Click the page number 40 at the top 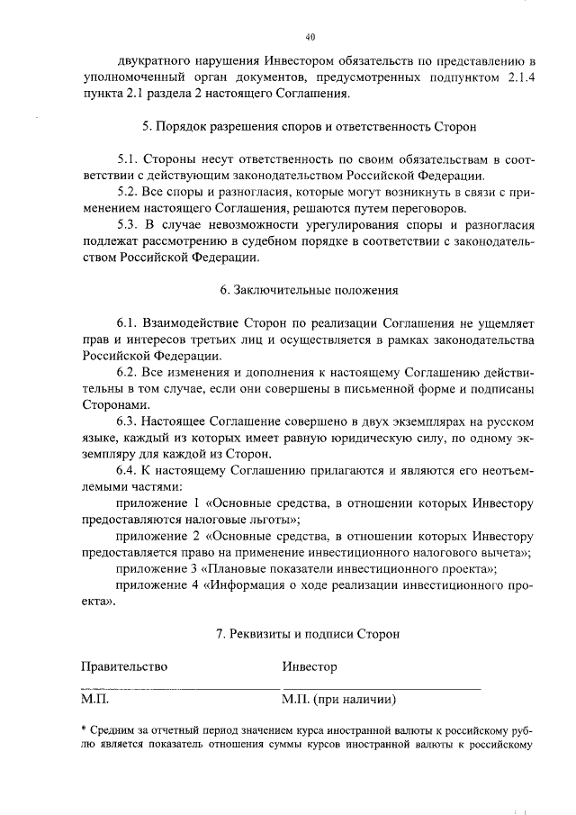[310, 37]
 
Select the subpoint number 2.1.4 [519, 77]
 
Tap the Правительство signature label [124, 666]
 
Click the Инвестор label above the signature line [309, 666]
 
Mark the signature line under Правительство [162, 689]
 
